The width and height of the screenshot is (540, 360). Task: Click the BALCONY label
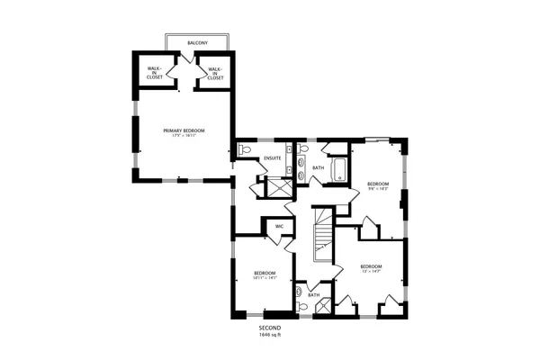pyautogui.click(x=197, y=43)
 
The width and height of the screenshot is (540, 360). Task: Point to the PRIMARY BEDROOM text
pyautogui.click(x=184, y=130)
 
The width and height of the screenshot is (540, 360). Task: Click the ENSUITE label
pyautogui.click(x=272, y=158)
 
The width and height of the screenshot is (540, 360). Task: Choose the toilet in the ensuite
pyautogui.click(x=245, y=150)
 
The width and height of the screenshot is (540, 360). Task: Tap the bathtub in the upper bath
pyautogui.click(x=341, y=170)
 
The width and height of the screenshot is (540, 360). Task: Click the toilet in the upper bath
pyautogui.click(x=304, y=148)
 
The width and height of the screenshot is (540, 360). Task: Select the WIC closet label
pyautogui.click(x=279, y=225)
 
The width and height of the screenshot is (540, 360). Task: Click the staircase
pyautogui.click(x=322, y=236)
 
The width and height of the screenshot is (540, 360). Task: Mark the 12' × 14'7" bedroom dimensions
pyautogui.click(x=371, y=272)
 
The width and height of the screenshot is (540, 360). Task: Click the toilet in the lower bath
pyautogui.click(x=303, y=307)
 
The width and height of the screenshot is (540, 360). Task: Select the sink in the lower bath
pyautogui.click(x=299, y=291)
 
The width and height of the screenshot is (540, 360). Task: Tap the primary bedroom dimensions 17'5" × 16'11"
pyautogui.click(x=184, y=137)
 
